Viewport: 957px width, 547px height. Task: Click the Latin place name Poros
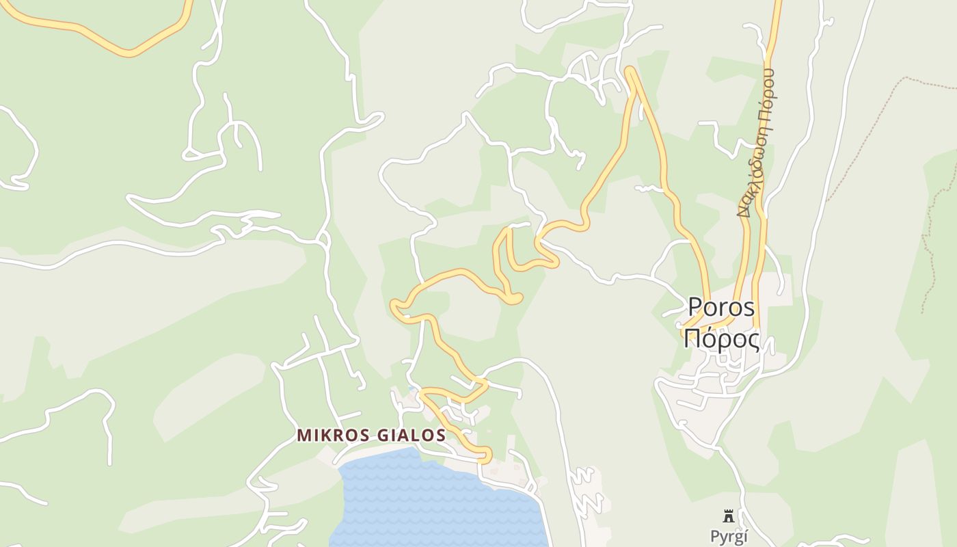click(721, 307)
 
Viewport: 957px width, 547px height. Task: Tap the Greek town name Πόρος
click(721, 338)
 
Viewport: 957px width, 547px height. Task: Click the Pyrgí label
click(729, 536)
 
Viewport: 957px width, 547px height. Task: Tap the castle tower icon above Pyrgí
click(729, 516)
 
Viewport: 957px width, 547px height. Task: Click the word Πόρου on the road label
click(768, 95)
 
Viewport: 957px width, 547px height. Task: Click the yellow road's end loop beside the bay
click(486, 454)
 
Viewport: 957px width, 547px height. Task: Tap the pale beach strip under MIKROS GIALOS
click(369, 454)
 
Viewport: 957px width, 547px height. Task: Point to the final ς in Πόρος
click(752, 340)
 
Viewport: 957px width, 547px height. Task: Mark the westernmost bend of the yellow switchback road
click(394, 307)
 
